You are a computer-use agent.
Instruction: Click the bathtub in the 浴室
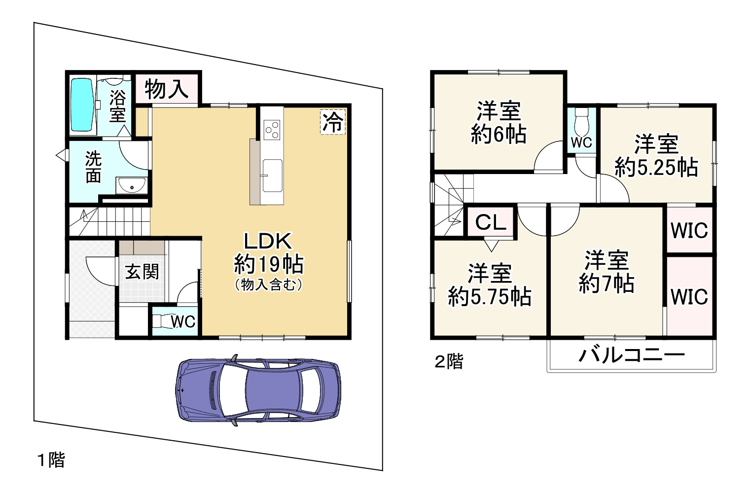pos(82,106)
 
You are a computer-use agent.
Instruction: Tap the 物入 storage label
pos(167,89)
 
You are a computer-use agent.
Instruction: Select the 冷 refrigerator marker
pos(333,122)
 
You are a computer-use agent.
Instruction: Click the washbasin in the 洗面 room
pos(132,186)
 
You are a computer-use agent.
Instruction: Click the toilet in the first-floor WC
pos(161,321)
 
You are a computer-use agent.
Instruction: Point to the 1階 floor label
pos(51,460)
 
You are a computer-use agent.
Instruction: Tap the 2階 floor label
pos(449,362)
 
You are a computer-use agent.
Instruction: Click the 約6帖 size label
pos(499,134)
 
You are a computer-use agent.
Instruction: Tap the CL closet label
pos(491,222)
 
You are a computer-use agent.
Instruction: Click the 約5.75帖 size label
pos(490,297)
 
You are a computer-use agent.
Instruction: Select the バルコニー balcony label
pos(632,354)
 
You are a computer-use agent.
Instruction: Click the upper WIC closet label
pos(689,230)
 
